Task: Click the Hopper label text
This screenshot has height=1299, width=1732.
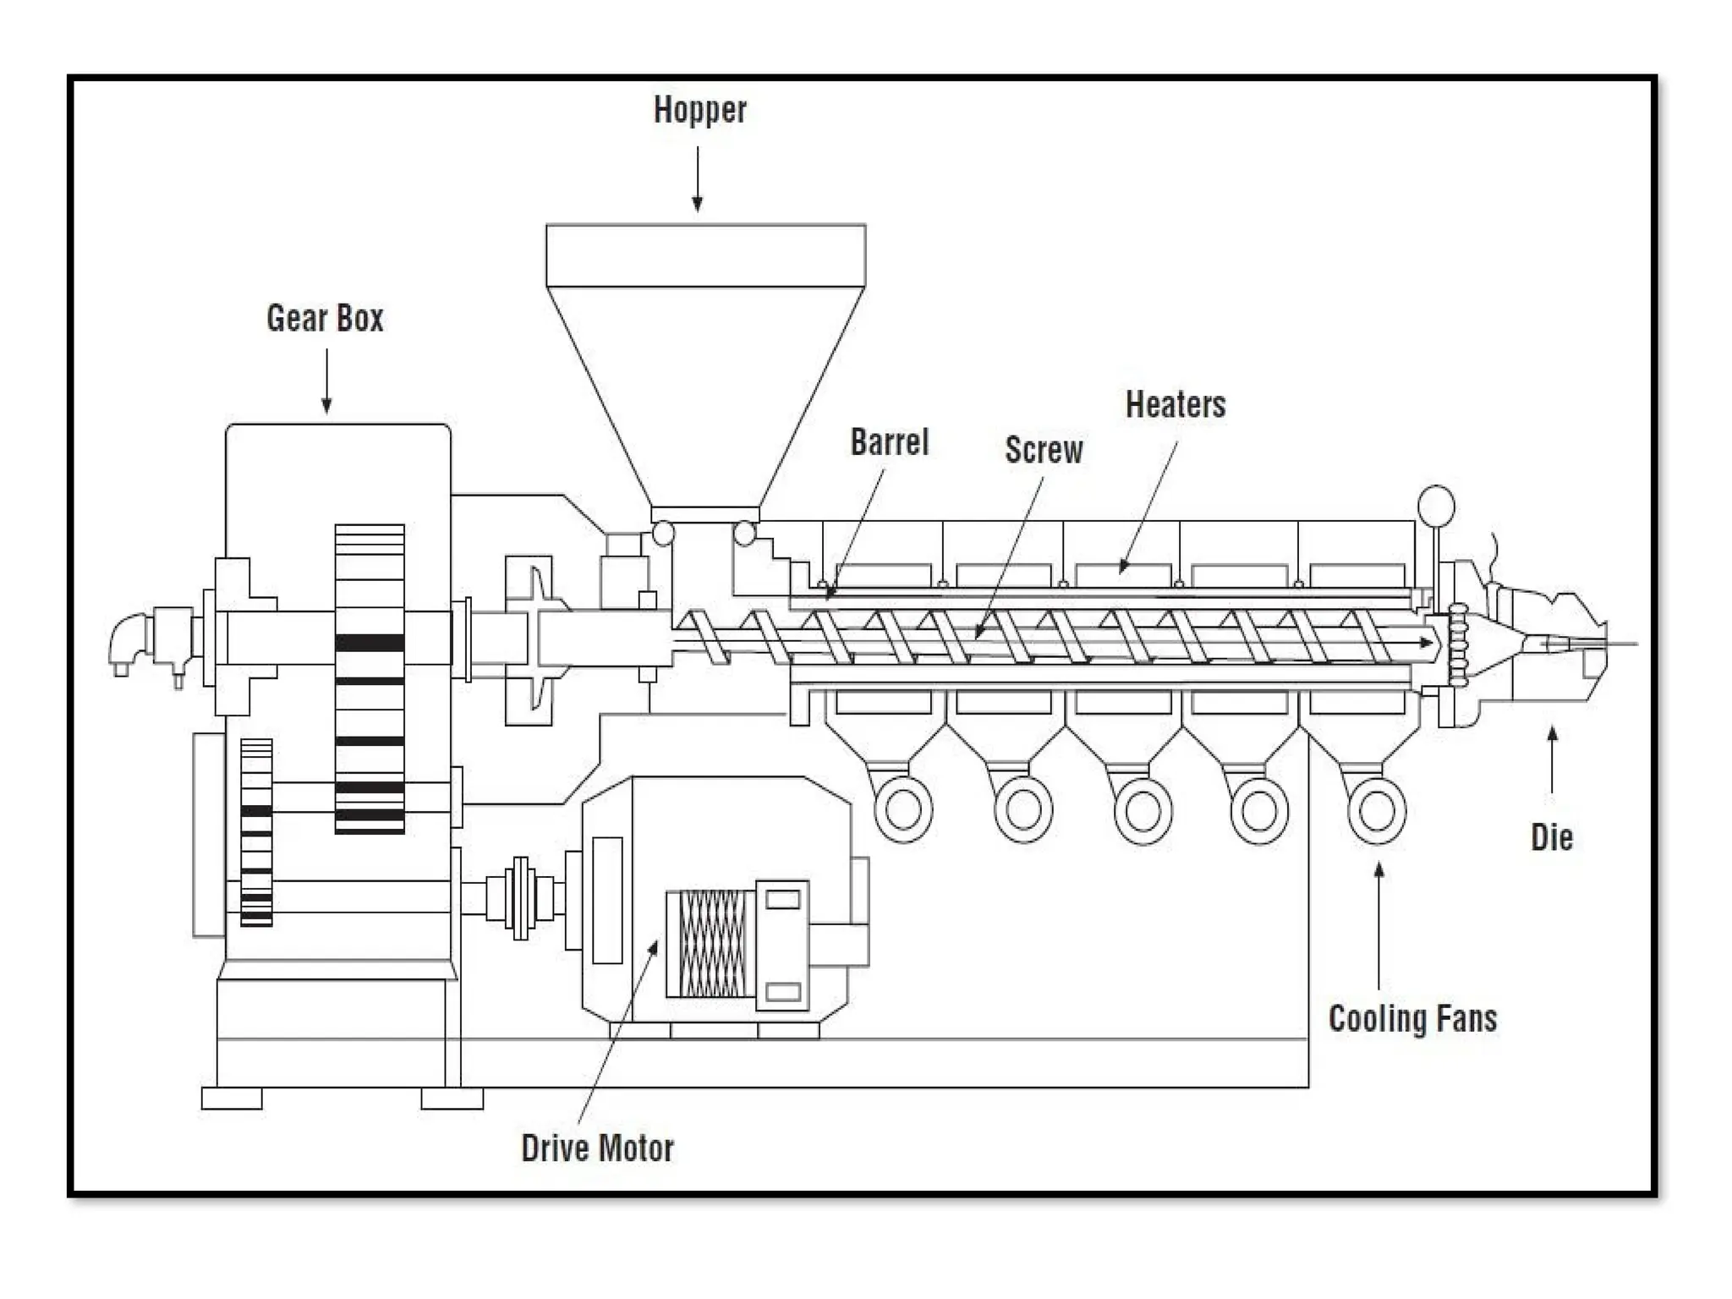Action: pyautogui.click(x=700, y=111)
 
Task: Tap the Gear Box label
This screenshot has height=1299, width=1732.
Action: pyautogui.click(x=325, y=319)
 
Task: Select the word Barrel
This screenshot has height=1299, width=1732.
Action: pyautogui.click(x=889, y=442)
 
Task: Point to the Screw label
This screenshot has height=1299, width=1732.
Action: pyautogui.click(x=1044, y=450)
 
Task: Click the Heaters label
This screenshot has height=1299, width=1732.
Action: pyautogui.click(x=1175, y=405)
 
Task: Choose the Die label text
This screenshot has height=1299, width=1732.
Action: pyautogui.click(x=1552, y=837)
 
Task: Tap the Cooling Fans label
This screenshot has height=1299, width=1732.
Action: pyautogui.click(x=1412, y=1018)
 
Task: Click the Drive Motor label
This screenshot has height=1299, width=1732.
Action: pyautogui.click(x=597, y=1148)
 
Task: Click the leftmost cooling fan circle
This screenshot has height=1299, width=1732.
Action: pyautogui.click(x=902, y=810)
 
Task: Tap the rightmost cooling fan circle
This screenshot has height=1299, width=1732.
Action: pyautogui.click(x=1376, y=810)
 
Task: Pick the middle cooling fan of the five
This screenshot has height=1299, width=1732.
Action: pyautogui.click(x=1143, y=810)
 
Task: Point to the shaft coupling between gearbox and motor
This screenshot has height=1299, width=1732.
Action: pyautogui.click(x=521, y=898)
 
